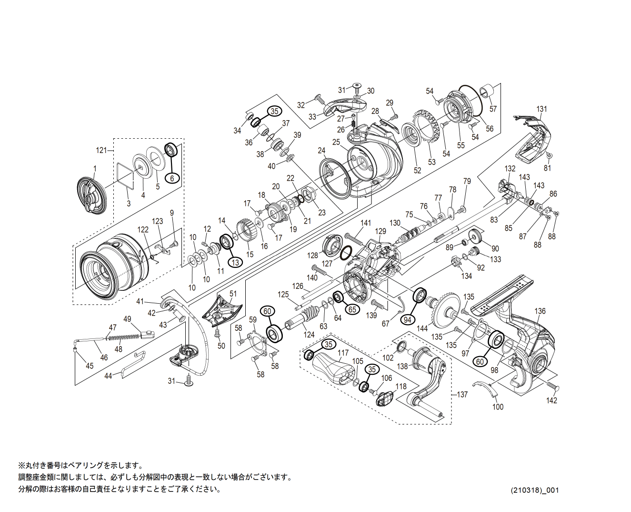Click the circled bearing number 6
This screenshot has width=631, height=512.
(172, 178)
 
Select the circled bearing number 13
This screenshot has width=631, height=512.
(235, 262)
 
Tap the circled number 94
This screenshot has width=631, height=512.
(408, 319)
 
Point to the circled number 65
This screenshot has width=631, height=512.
(352, 309)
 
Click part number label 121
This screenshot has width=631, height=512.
(101, 150)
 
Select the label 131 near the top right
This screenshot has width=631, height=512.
(542, 109)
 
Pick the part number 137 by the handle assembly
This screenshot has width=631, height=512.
(462, 394)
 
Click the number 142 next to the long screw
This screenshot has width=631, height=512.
(551, 400)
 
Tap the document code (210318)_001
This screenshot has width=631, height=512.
(535, 490)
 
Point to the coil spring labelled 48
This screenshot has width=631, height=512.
(124, 338)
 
